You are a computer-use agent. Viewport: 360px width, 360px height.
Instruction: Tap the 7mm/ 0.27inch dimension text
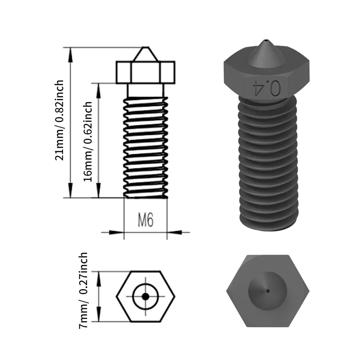[x=83, y=290]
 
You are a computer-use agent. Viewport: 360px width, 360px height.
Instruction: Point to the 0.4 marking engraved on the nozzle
[x=267, y=88]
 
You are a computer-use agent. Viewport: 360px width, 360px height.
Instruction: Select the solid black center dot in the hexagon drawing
[x=145, y=296]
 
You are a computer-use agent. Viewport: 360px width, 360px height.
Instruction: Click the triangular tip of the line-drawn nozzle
[x=145, y=55]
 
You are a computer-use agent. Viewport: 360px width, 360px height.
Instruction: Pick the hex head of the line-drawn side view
[x=145, y=72]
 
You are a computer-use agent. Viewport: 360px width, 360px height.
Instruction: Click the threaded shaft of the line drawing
[x=145, y=148]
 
